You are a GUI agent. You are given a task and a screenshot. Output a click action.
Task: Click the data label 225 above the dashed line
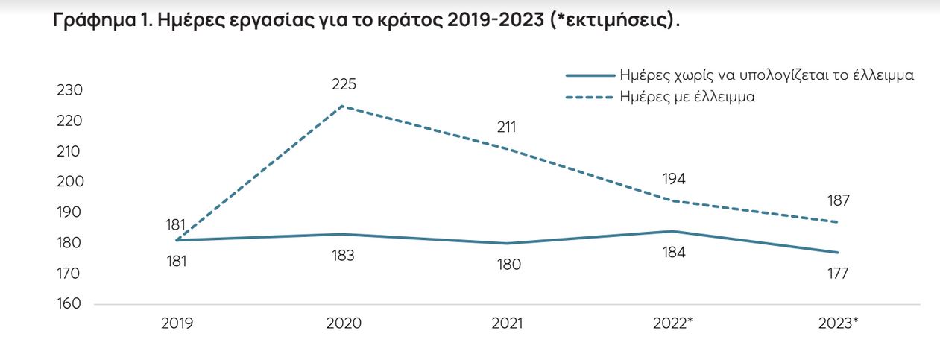(x=344, y=84)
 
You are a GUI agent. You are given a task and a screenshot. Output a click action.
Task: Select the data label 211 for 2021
(x=508, y=127)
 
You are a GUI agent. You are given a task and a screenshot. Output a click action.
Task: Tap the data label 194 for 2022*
(x=673, y=179)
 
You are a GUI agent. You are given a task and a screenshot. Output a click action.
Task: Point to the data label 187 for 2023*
(x=838, y=200)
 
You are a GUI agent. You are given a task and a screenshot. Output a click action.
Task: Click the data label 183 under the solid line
(x=343, y=256)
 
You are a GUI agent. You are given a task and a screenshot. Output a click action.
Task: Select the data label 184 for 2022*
(x=673, y=253)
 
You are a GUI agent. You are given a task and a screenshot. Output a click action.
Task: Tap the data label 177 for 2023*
(x=838, y=274)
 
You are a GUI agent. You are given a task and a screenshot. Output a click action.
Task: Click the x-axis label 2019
(x=177, y=323)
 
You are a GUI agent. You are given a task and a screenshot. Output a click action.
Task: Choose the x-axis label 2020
(x=343, y=323)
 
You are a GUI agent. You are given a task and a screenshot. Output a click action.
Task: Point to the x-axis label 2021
(x=508, y=323)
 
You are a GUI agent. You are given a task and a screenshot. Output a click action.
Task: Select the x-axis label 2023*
(x=839, y=323)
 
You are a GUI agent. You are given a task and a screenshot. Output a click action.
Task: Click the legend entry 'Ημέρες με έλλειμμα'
(x=687, y=97)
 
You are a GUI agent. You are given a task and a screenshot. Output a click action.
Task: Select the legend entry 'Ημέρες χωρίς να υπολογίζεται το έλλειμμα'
(x=767, y=75)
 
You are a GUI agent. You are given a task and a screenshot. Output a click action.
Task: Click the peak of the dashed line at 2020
(x=342, y=106)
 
